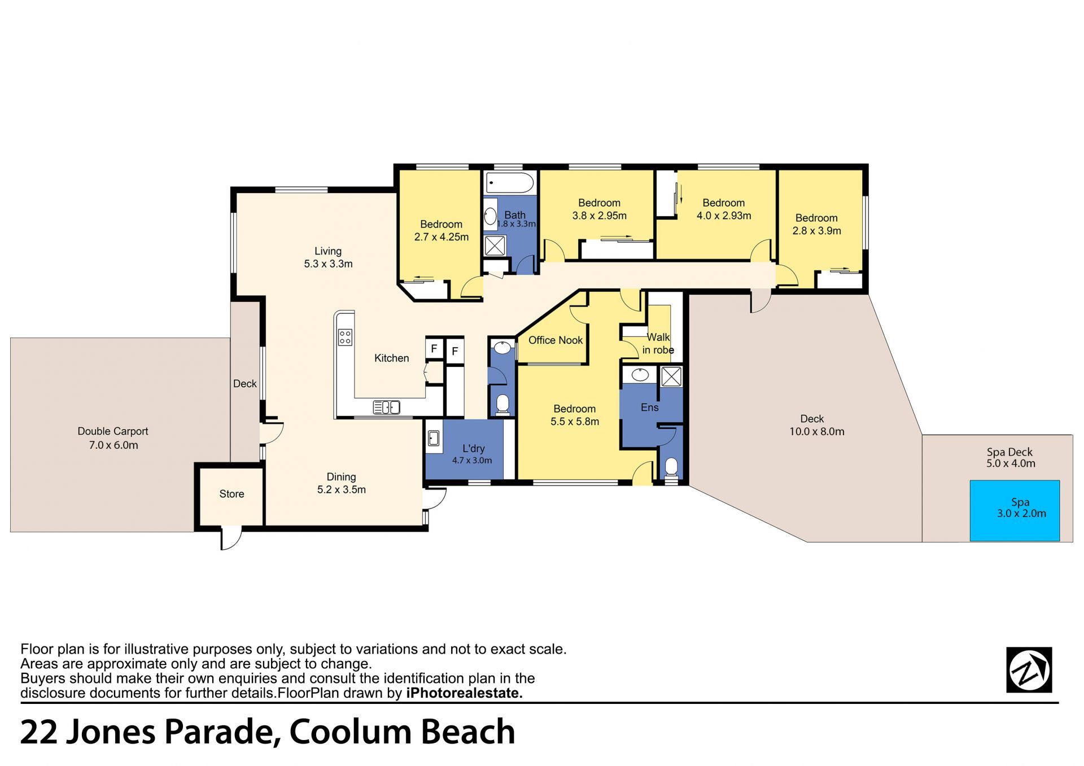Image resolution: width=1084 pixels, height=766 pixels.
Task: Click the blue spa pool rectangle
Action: click(x=1015, y=511)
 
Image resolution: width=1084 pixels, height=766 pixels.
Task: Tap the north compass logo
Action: click(x=1029, y=670)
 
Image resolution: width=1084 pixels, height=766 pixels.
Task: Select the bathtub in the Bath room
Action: click(x=510, y=183)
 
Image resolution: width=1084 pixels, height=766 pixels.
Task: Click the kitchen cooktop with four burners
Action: click(x=345, y=338)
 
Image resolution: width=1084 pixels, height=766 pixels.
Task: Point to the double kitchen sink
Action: click(x=387, y=406)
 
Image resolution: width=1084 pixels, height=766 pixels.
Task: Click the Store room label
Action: click(x=231, y=494)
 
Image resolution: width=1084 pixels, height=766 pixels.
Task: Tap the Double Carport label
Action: click(x=113, y=431)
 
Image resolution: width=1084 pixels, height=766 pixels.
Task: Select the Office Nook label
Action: click(x=556, y=340)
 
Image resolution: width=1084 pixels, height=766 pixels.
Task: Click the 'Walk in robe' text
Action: click(x=658, y=344)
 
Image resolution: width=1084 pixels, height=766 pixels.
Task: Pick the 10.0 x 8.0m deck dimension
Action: click(x=817, y=432)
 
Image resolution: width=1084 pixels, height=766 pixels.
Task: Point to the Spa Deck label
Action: click(x=1009, y=452)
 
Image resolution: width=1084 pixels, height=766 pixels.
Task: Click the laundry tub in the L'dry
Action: click(x=434, y=438)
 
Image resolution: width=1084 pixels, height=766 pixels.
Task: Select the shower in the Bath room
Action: click(x=495, y=246)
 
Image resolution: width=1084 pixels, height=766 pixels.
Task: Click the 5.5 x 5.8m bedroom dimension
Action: click(x=575, y=422)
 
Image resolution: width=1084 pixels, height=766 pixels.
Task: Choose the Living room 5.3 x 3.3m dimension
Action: click(x=328, y=264)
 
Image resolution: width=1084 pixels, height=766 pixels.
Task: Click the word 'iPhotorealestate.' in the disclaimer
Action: click(x=465, y=693)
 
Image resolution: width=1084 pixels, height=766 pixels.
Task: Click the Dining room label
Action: click(x=341, y=477)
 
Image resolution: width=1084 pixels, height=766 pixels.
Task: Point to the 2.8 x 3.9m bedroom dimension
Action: click(x=817, y=231)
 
